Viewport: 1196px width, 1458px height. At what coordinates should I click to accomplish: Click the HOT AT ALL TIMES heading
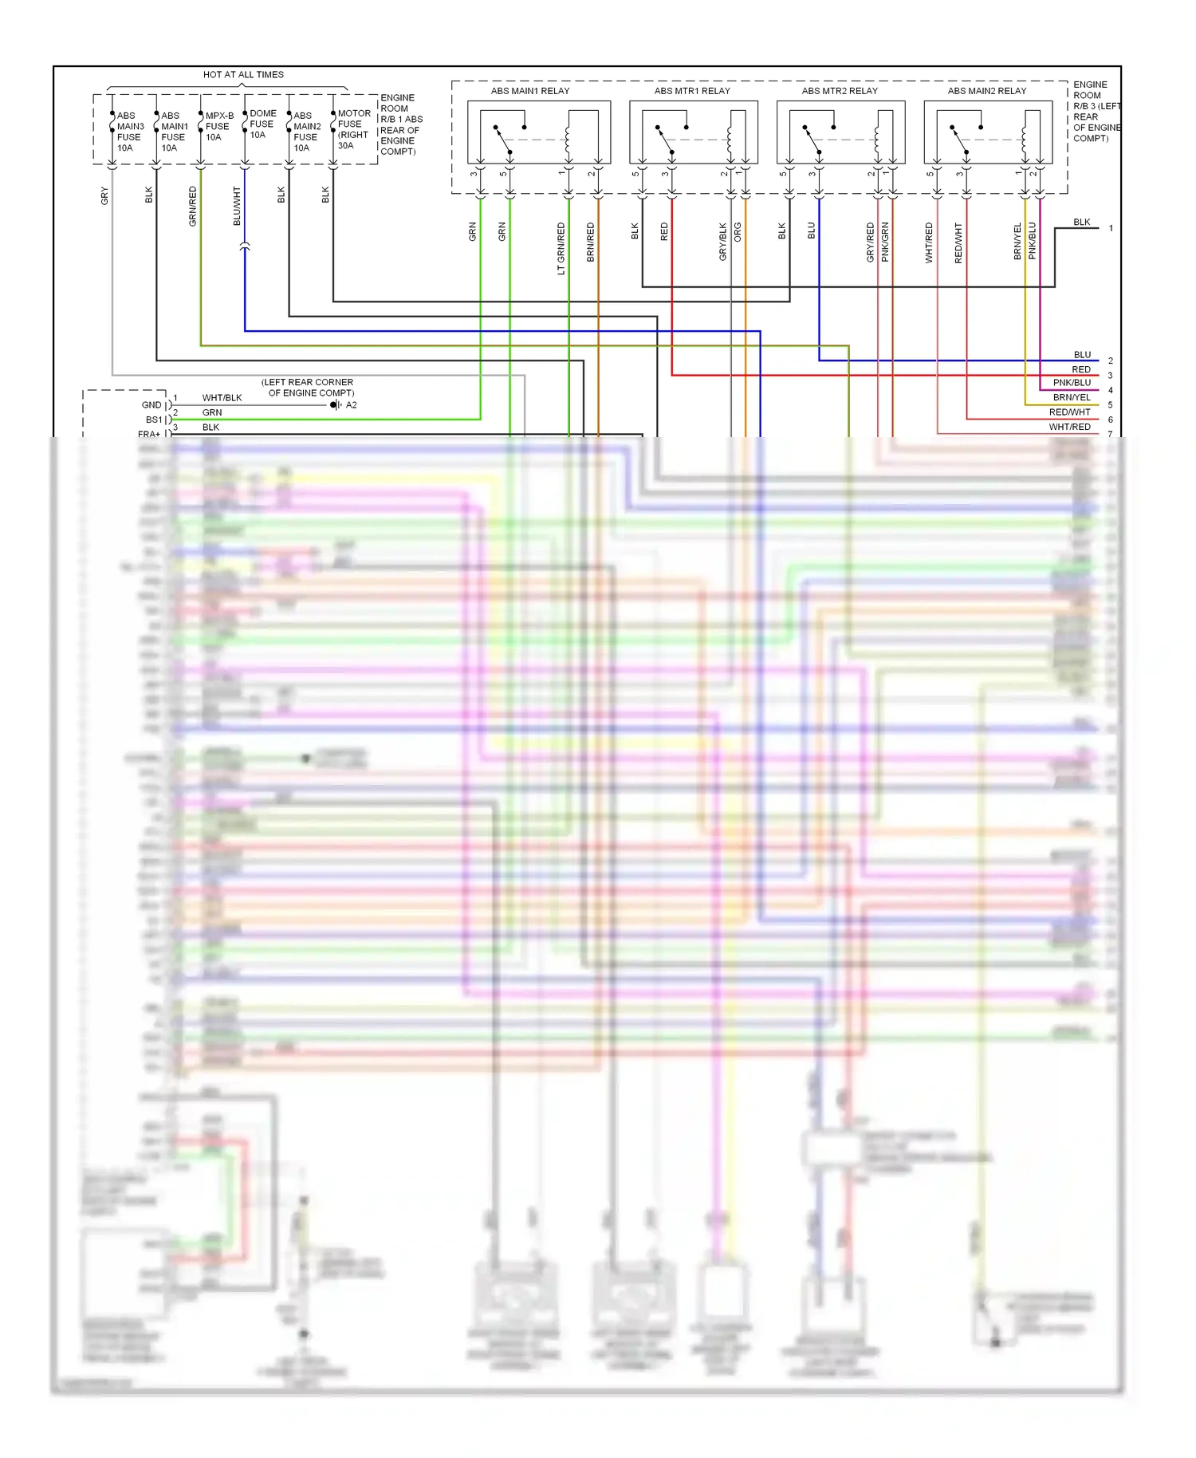[x=243, y=75]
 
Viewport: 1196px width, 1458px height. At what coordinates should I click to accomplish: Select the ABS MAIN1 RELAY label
[x=530, y=91]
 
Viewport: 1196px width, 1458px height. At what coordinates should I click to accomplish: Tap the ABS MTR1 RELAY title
[x=692, y=91]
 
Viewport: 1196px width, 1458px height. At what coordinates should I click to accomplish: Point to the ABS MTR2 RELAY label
[x=840, y=91]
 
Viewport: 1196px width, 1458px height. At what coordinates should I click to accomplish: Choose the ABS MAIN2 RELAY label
[x=987, y=91]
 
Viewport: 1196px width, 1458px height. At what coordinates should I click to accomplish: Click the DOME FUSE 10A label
[x=262, y=124]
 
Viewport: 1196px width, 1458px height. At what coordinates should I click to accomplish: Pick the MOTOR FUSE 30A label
[x=353, y=129]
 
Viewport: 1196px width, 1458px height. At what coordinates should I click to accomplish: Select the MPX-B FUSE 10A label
[x=218, y=126]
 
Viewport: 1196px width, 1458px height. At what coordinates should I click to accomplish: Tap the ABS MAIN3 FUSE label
[x=130, y=132]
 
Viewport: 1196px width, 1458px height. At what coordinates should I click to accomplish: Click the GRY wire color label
[x=104, y=196]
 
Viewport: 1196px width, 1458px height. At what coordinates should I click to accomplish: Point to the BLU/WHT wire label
[x=237, y=206]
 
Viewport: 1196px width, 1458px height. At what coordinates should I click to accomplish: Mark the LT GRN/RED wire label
[x=561, y=249]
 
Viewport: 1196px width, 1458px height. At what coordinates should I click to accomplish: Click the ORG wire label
[x=738, y=232]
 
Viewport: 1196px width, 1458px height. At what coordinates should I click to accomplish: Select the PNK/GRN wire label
[x=885, y=242]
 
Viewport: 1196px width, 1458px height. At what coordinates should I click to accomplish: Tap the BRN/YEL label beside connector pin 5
[x=1071, y=397]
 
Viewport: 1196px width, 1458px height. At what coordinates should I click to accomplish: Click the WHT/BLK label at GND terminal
[x=222, y=398]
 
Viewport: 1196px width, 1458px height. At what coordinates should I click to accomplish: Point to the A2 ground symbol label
[x=351, y=405]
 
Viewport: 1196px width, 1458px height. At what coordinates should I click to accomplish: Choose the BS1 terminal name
[x=153, y=420]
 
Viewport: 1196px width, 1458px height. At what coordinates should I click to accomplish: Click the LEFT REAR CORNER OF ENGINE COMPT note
[x=309, y=388]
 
